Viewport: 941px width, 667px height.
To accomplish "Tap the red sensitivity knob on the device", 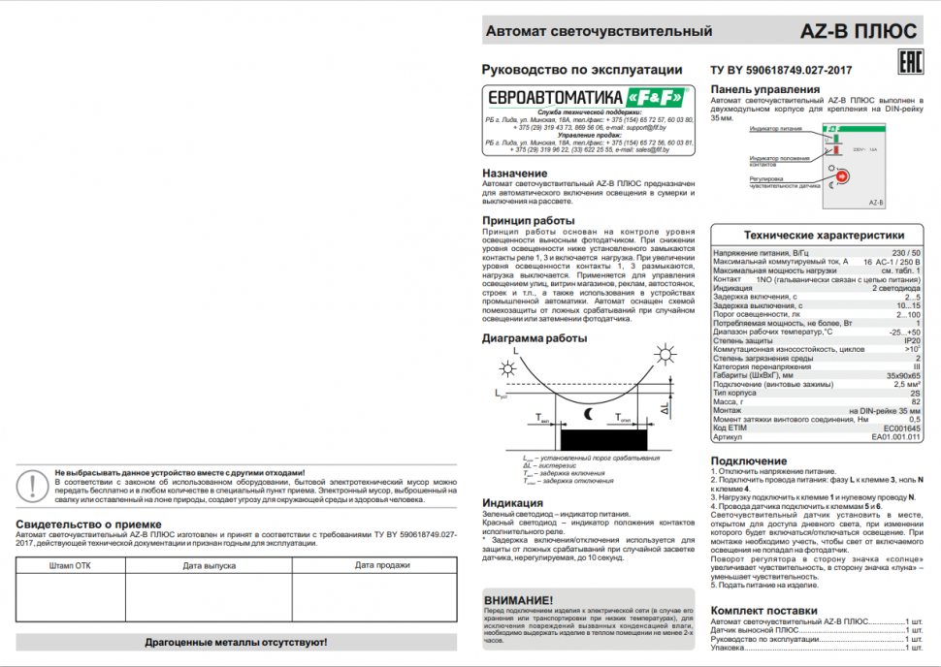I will pos(840,176).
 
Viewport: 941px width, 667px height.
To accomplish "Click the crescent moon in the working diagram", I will pos(588,415).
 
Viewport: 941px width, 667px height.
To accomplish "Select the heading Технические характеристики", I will pos(824,235).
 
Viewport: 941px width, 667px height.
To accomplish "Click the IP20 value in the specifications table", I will pos(912,340).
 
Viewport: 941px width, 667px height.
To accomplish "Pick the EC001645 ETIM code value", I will pos(901,428).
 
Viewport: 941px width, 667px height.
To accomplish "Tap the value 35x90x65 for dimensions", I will pos(903,375).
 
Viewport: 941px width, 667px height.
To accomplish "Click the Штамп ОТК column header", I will pos(70,564).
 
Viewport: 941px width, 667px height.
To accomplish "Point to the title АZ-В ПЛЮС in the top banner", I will pos(859,31).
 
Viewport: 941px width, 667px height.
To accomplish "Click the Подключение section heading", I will pos(749,461).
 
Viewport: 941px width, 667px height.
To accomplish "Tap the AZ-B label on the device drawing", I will pos(874,203).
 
